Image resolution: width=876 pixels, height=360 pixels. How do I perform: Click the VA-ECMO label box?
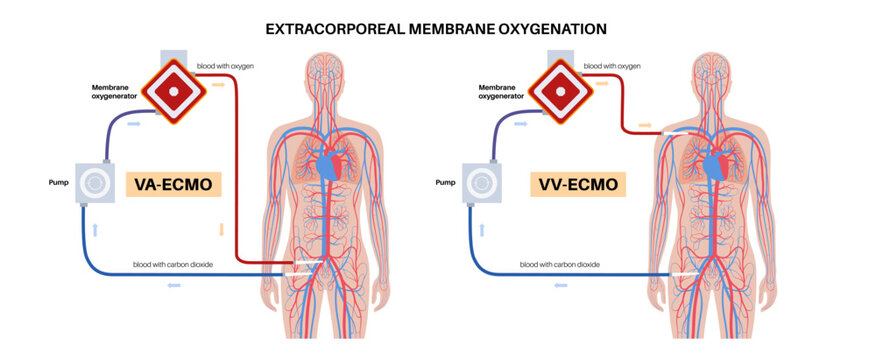tap(173, 185)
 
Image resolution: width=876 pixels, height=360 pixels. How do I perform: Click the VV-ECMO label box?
tap(578, 185)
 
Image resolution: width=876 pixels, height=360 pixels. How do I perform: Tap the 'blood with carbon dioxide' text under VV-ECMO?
tap(559, 265)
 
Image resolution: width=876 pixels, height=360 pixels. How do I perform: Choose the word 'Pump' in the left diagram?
tap(58, 184)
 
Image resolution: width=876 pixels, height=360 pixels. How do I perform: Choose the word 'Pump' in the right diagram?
tap(447, 184)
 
